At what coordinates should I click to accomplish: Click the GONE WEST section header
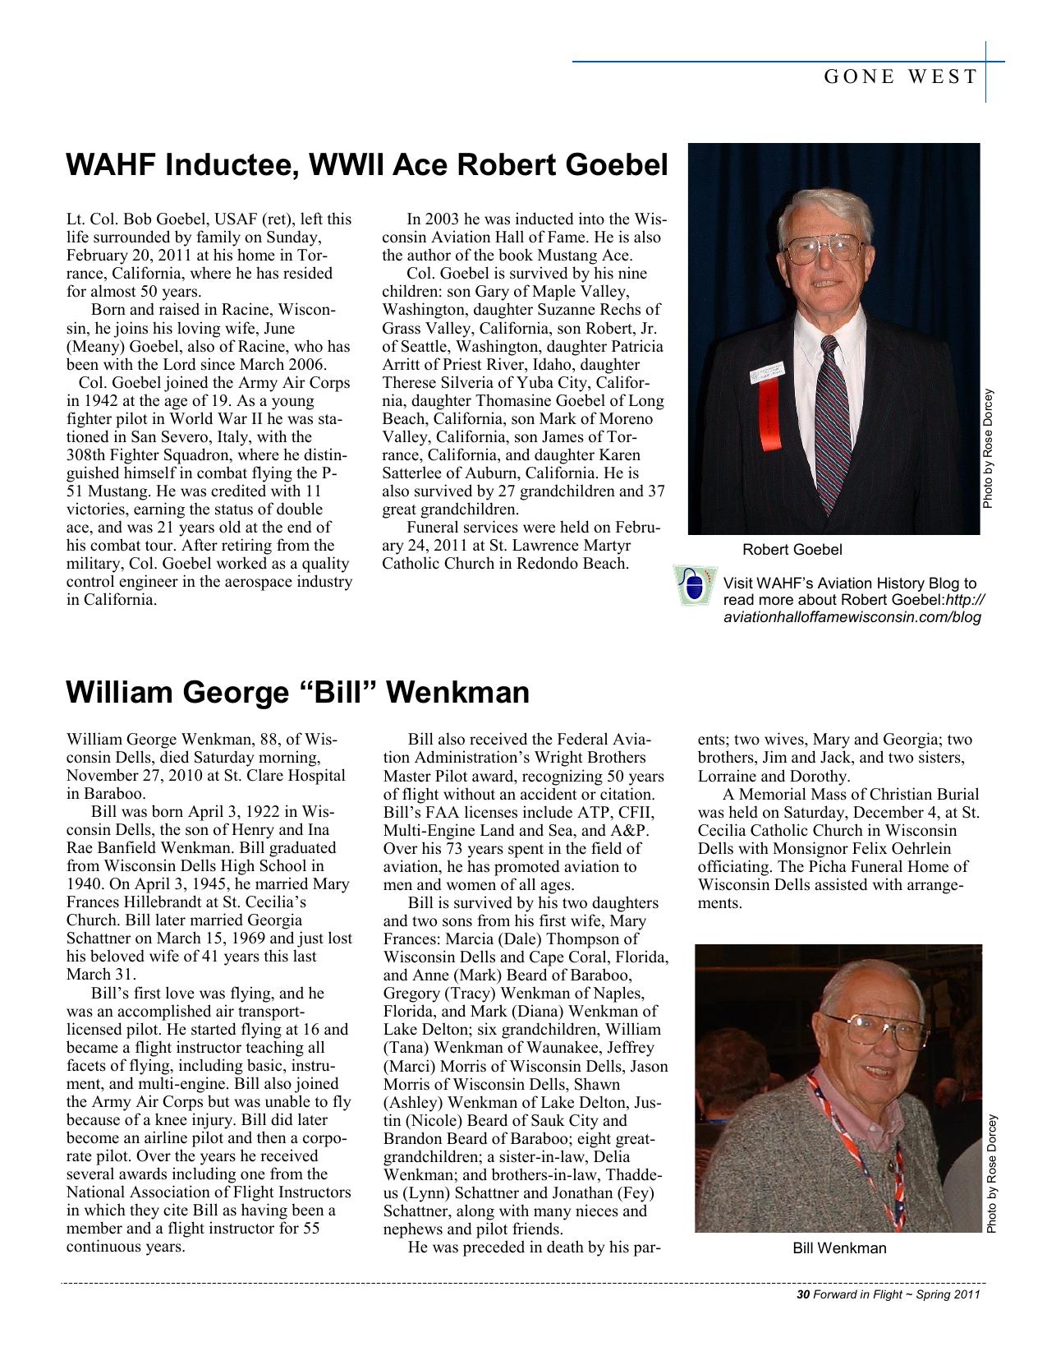pyautogui.click(x=900, y=77)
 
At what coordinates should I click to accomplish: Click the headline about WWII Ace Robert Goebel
pyautogui.click(x=366, y=165)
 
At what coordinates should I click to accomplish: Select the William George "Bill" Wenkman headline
pyautogui.click(x=297, y=692)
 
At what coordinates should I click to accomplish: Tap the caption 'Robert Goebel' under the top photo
pyautogui.click(x=792, y=549)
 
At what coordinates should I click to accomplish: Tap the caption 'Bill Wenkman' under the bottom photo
pyautogui.click(x=839, y=1248)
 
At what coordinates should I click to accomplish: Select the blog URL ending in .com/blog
pyautogui.click(x=852, y=617)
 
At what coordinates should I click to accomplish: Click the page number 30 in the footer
pyautogui.click(x=803, y=1295)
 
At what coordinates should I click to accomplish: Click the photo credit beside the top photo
pyautogui.click(x=990, y=448)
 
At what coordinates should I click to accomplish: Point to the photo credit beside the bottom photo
pyautogui.click(x=992, y=1174)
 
